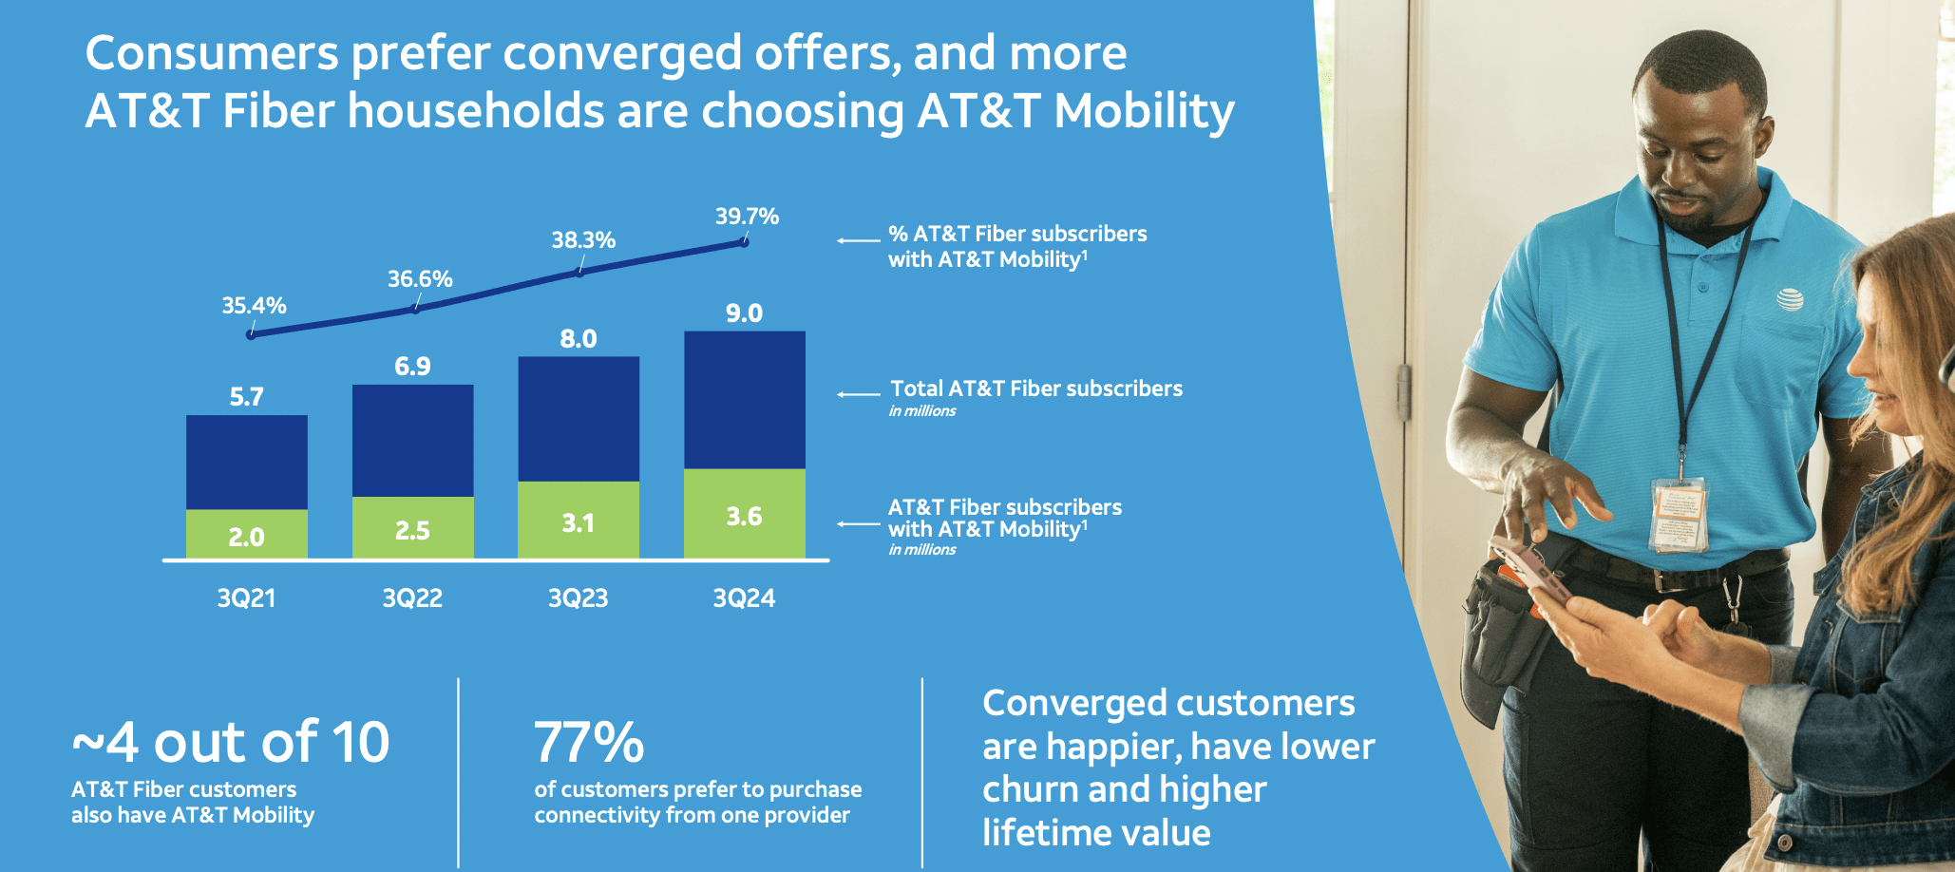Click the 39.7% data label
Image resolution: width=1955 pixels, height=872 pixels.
747,217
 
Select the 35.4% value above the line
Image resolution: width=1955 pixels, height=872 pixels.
254,306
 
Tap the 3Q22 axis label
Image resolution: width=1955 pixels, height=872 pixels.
412,598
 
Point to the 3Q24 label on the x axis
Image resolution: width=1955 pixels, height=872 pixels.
744,598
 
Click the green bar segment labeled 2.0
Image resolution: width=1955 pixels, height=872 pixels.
247,535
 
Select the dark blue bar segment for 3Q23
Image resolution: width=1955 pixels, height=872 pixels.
579,419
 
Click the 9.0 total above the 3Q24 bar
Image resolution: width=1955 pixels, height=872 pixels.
744,313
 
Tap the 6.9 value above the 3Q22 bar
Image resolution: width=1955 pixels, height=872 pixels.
412,367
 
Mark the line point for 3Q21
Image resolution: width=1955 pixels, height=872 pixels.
251,334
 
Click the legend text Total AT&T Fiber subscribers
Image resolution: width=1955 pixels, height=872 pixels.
1036,389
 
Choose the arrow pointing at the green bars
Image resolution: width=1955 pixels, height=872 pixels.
858,524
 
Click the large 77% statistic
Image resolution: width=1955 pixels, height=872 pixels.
589,742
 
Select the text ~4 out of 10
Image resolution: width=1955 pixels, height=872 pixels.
231,742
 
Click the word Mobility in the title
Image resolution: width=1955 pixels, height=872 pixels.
1144,111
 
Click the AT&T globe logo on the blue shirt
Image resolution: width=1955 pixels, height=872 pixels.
1790,300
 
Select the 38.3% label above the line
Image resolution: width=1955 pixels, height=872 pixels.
583,240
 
